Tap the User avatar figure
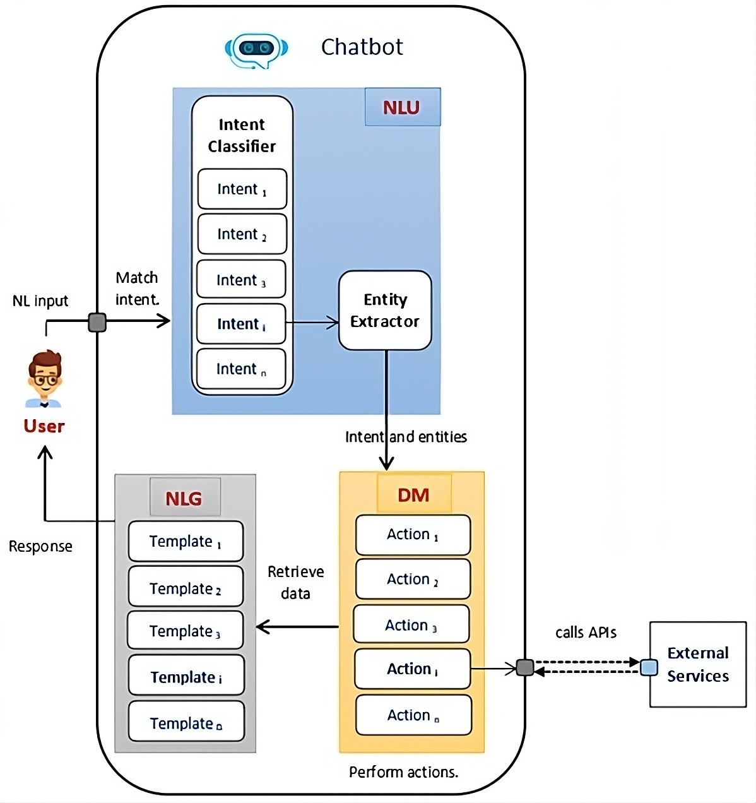tap(44, 379)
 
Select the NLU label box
tap(402, 107)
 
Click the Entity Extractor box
tap(385, 311)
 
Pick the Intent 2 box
tap(242, 234)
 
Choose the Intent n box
tap(241, 369)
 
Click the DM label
tap(414, 495)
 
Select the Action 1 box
tap(413, 535)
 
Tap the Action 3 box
tap(411, 625)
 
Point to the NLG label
tap(184, 499)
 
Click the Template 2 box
tap(186, 588)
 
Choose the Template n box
tap(186, 723)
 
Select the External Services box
tap(698, 664)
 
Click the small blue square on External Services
tap(649, 667)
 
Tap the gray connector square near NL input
tap(97, 323)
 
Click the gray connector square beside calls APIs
tap(525, 667)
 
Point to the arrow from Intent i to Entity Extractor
tap(312, 323)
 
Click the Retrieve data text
tap(295, 582)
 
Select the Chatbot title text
tap(362, 47)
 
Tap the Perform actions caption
tap(404, 772)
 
